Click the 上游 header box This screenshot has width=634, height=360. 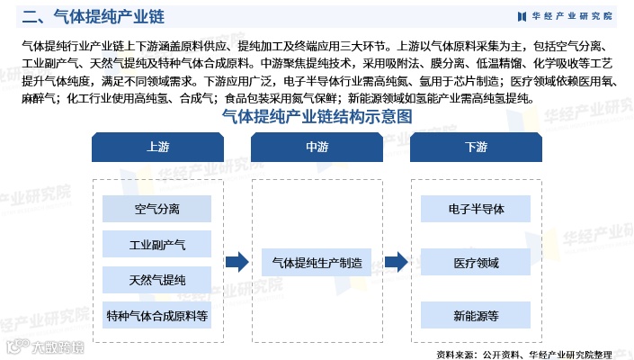[x=156, y=147]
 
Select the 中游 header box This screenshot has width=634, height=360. [x=317, y=147]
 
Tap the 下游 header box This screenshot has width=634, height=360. [x=476, y=147]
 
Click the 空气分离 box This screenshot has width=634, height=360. [x=156, y=210]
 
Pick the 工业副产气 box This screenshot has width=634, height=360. [x=156, y=245]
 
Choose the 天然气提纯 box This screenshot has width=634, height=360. [x=156, y=280]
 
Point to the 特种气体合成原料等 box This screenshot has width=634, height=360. [x=156, y=316]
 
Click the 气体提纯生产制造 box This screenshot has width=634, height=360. [x=317, y=263]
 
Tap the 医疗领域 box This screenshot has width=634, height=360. [x=476, y=263]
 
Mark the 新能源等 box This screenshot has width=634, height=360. [x=476, y=316]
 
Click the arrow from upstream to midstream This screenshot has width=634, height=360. [x=237, y=262]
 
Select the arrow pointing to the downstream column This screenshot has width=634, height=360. [x=396, y=262]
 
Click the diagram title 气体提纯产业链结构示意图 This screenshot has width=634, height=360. [x=317, y=117]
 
